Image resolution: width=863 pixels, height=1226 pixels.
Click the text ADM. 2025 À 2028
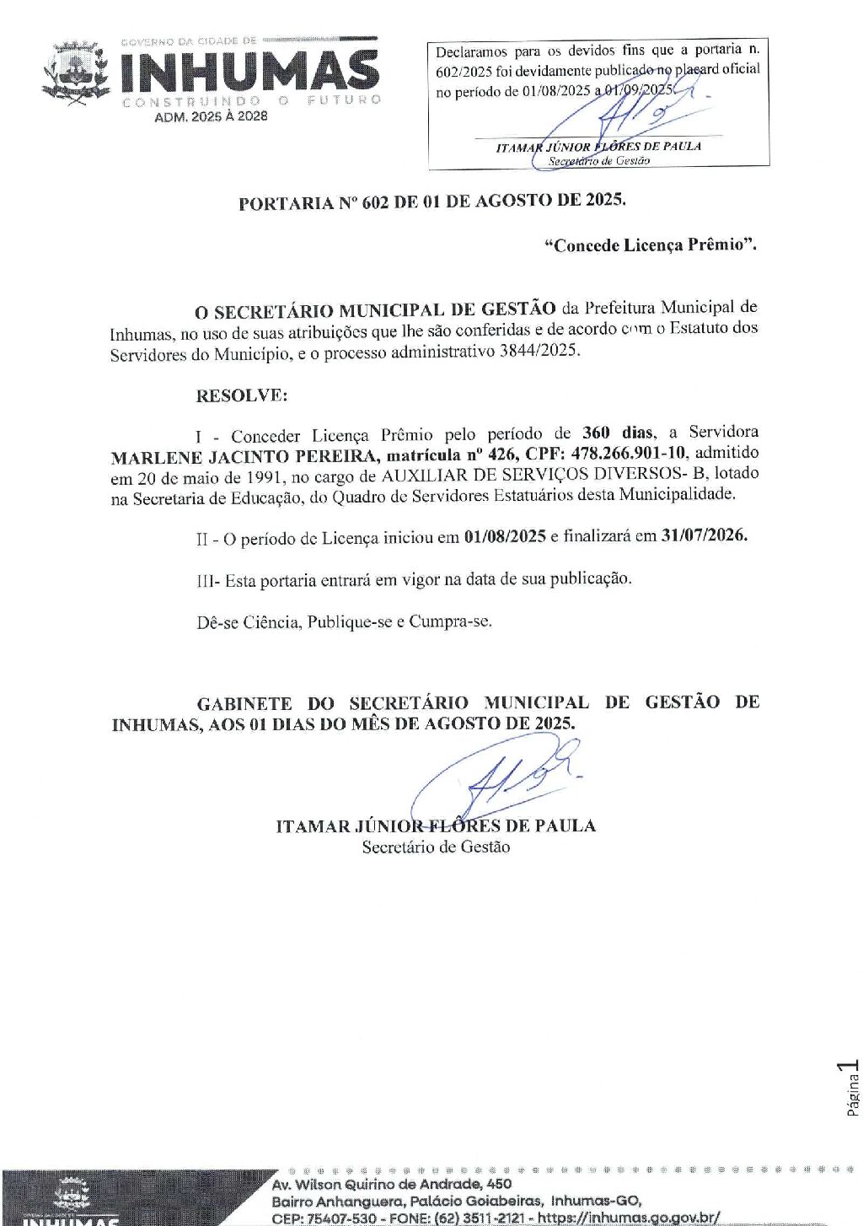tap(211, 116)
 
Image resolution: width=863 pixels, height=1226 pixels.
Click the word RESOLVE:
tap(242, 395)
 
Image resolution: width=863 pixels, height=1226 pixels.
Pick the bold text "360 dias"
tap(618, 433)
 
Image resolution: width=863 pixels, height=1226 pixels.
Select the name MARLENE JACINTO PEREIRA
tap(244, 457)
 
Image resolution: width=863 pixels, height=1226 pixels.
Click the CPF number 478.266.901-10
tap(629, 454)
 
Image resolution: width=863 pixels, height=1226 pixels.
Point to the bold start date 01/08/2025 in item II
tap(505, 537)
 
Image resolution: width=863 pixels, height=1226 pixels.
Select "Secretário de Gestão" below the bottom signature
tap(436, 847)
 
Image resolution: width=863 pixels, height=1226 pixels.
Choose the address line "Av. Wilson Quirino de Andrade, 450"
tap(391, 1184)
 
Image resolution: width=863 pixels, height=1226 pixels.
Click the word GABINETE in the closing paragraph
tap(244, 703)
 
